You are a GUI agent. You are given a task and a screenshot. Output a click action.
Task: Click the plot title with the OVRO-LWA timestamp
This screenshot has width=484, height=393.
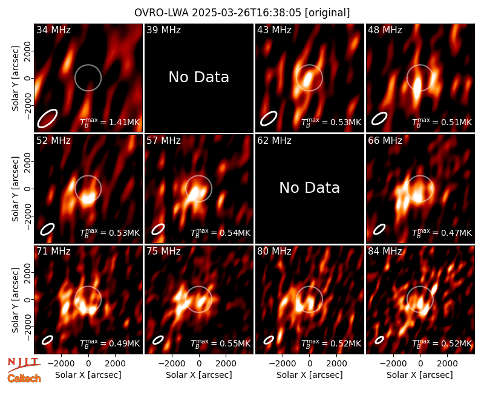(242, 13)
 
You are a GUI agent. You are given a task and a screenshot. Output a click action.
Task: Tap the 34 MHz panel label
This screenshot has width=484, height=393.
(53, 30)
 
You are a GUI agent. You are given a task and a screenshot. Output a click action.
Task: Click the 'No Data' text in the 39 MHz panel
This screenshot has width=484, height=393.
(199, 77)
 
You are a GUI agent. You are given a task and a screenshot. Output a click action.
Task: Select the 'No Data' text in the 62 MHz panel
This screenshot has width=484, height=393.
(310, 188)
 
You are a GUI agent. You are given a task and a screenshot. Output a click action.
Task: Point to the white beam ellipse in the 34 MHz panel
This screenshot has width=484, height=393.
(48, 118)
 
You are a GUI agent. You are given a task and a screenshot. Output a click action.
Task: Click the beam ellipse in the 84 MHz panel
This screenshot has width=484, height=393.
(379, 340)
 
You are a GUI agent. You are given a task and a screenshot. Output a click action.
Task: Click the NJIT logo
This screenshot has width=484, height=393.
(24, 365)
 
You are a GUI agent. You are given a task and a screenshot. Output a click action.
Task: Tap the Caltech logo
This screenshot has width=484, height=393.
(24, 378)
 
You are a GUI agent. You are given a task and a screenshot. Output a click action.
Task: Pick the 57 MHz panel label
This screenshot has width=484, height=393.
(163, 141)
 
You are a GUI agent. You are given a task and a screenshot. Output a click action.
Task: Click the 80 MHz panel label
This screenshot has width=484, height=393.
(274, 252)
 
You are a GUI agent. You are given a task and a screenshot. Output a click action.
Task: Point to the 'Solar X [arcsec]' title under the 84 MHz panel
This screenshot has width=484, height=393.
(420, 375)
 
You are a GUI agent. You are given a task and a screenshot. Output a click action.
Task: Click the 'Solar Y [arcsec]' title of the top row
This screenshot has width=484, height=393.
(16, 79)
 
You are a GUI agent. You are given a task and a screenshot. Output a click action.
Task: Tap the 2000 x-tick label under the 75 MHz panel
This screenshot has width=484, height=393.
(226, 364)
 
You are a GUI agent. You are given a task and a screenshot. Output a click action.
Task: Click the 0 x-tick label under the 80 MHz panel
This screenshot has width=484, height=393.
(310, 364)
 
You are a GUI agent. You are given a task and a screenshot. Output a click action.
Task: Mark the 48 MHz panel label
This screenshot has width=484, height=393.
(385, 30)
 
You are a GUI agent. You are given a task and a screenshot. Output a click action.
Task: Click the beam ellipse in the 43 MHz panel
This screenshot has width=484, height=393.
(269, 119)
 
